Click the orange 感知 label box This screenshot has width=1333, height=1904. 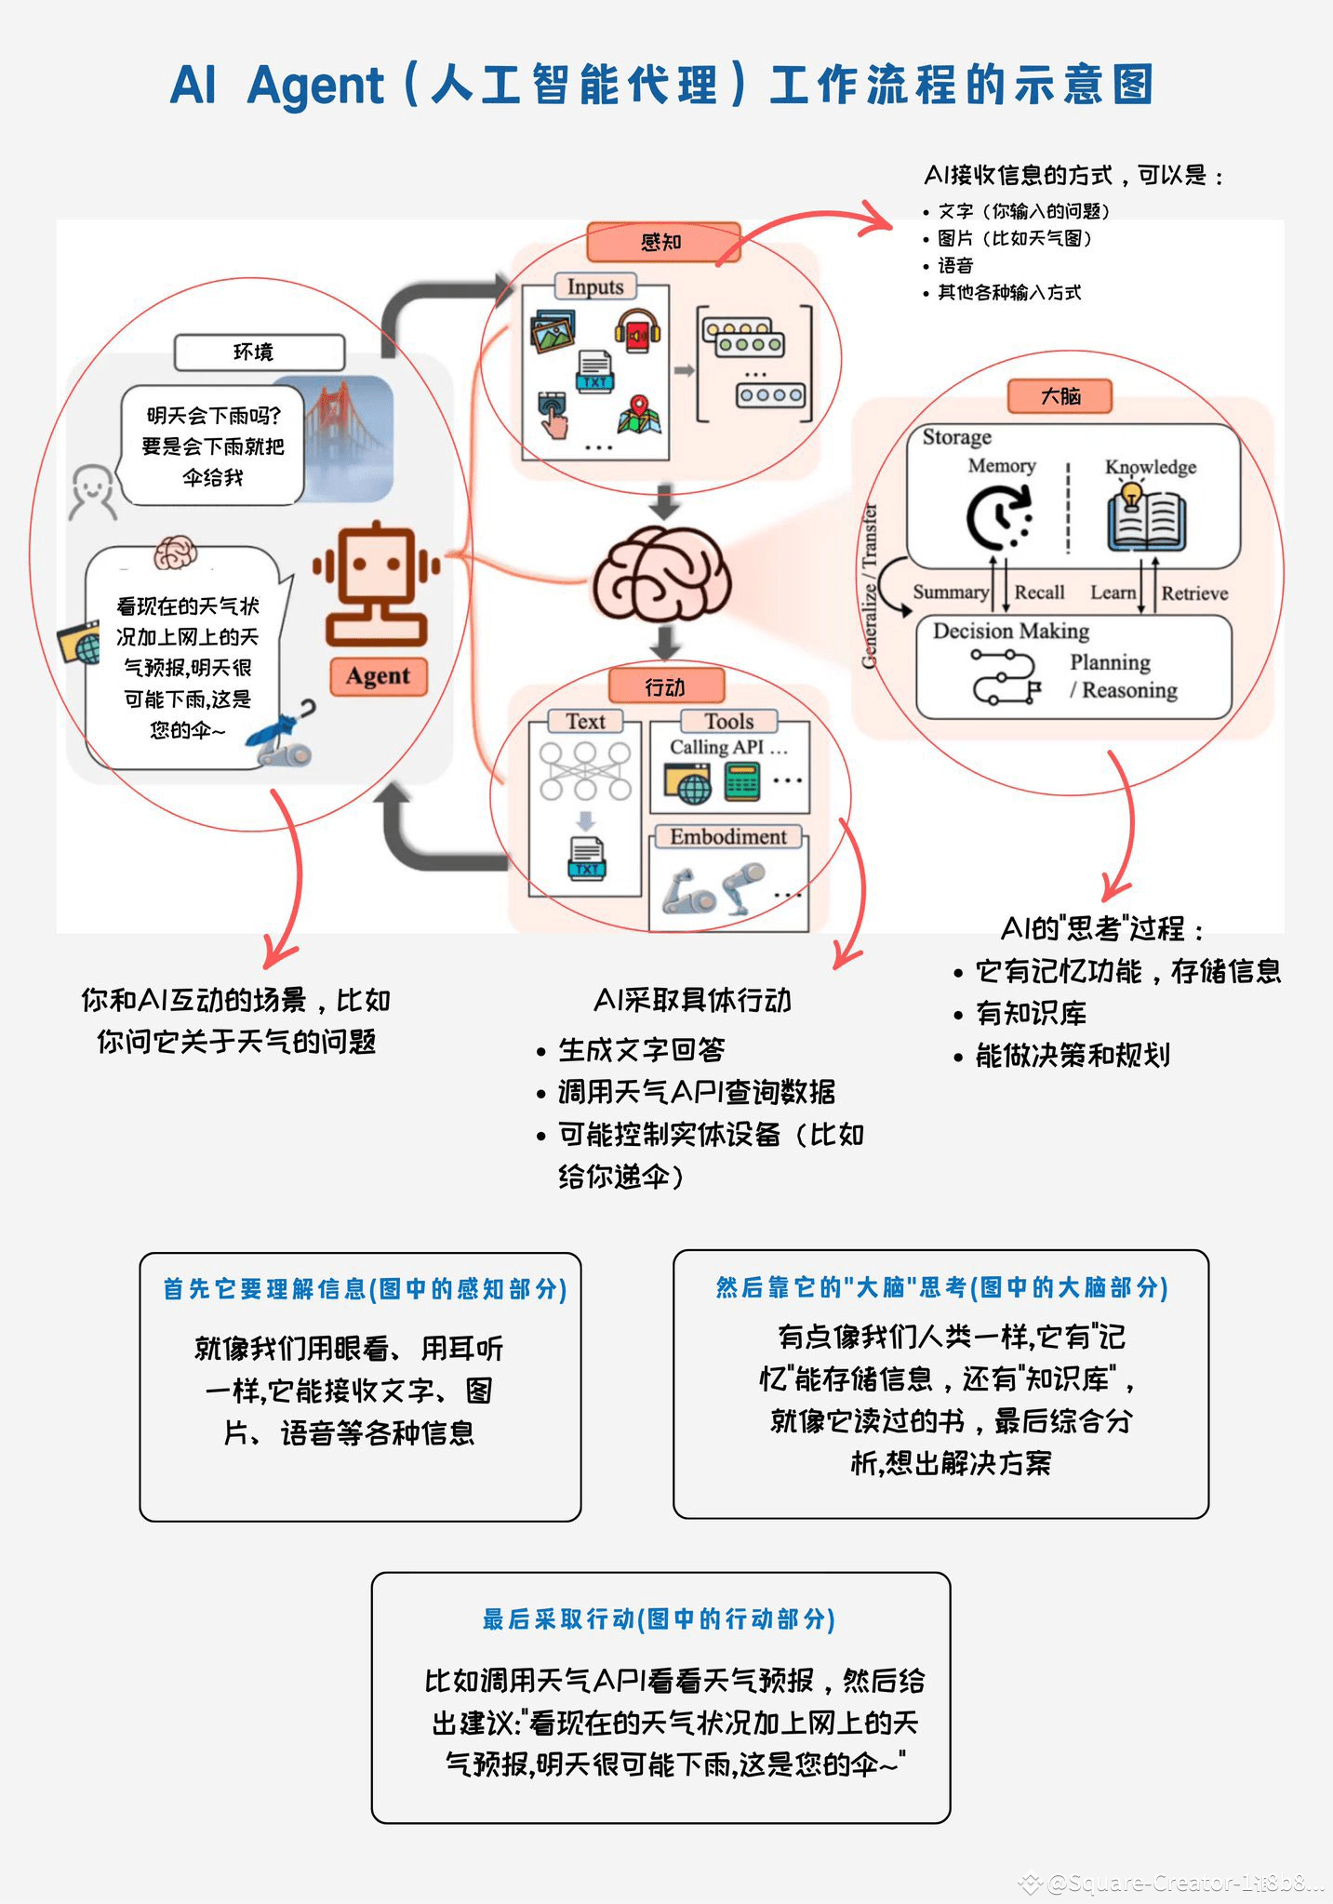661,242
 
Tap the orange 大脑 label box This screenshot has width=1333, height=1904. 1060,396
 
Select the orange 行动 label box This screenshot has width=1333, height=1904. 665,686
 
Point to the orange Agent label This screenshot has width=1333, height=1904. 378,675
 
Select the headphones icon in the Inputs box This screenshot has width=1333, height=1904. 637,330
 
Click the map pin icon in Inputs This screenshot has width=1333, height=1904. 639,414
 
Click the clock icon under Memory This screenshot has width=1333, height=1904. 998,518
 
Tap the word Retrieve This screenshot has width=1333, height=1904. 1194,593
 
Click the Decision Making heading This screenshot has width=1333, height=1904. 1011,631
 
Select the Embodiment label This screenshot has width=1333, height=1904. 728,836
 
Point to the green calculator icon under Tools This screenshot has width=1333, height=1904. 741,781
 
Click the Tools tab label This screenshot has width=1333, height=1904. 728,721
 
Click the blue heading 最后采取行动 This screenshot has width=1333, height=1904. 659,1619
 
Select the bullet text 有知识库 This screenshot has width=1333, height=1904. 1031,1013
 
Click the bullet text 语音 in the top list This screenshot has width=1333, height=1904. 955,266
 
